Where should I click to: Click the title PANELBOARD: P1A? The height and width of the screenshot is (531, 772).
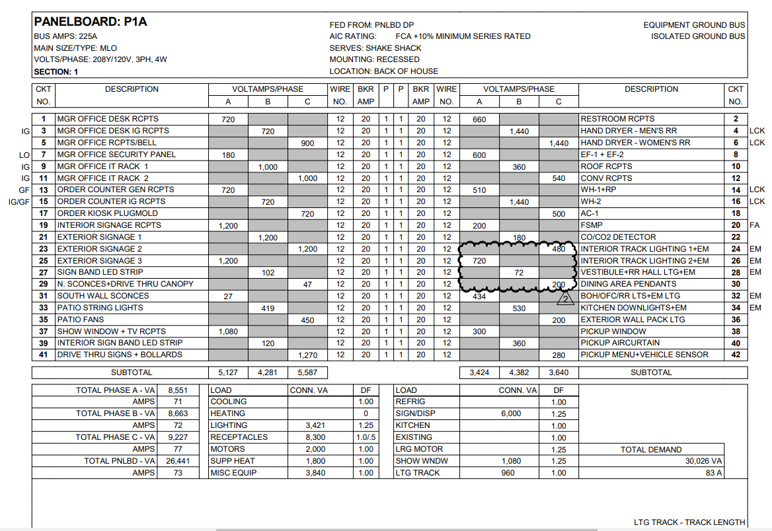click(91, 22)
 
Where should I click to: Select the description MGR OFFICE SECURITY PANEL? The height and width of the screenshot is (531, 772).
click(116, 155)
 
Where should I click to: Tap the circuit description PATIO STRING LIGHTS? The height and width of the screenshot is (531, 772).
click(100, 308)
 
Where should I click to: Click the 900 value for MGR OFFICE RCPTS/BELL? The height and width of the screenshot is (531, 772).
click(307, 143)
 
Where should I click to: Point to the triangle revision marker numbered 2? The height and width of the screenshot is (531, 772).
click(565, 299)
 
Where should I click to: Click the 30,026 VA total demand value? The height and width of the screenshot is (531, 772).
click(704, 461)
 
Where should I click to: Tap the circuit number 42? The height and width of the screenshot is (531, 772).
click(736, 355)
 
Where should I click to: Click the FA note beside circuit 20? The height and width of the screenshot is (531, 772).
click(755, 225)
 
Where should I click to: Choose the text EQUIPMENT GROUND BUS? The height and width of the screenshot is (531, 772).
click(694, 25)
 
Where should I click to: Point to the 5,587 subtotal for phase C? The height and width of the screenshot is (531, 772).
click(307, 372)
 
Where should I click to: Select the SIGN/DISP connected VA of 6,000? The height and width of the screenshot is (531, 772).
click(511, 413)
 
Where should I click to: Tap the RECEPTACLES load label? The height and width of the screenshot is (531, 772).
click(239, 437)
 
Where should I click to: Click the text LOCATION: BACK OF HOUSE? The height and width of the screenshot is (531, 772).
click(383, 71)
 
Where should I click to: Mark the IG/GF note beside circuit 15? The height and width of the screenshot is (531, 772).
click(19, 201)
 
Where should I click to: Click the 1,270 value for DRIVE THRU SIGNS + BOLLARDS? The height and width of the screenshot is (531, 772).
click(307, 355)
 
